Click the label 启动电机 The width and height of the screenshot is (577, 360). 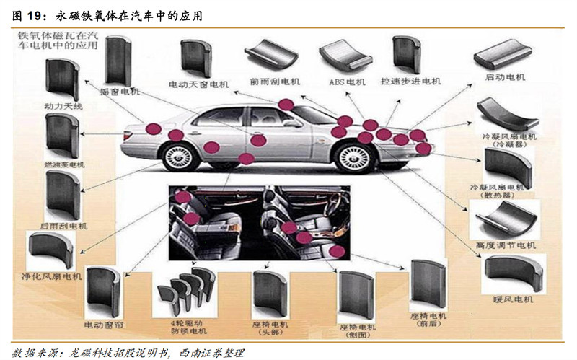pos(504,77)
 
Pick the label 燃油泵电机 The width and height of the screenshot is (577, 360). pos(63,165)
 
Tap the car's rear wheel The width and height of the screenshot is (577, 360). pos(178,157)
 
